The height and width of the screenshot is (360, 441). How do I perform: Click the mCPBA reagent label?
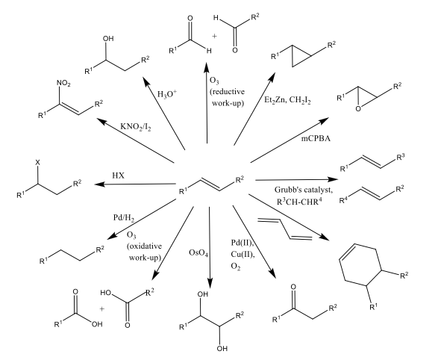(316, 138)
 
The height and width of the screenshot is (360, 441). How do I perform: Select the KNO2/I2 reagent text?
(136, 127)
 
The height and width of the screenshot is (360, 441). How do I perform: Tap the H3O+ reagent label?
(167, 94)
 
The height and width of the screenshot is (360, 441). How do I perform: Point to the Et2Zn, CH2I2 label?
(287, 100)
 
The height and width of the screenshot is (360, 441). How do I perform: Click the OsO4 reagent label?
(198, 253)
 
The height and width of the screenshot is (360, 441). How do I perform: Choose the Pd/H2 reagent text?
(124, 218)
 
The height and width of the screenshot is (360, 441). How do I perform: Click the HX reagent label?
(118, 176)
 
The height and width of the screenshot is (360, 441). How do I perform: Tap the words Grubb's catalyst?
(304, 190)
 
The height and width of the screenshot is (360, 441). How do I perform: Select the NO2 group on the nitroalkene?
(63, 84)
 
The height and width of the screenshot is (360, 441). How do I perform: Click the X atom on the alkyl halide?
(38, 162)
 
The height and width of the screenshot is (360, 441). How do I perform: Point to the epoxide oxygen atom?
(358, 108)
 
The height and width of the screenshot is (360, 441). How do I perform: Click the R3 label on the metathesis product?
(401, 157)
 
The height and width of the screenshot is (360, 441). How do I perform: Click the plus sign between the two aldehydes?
(215, 37)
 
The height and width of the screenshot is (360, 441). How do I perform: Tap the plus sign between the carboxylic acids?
(101, 308)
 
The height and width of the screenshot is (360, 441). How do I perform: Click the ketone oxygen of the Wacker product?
(293, 287)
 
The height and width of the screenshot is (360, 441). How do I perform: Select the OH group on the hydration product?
(108, 39)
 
